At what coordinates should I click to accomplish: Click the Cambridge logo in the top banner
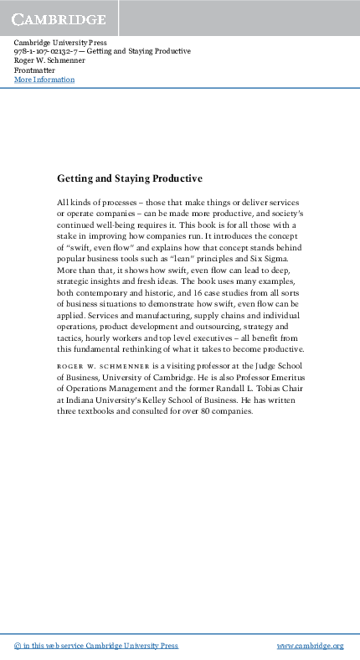[x=58, y=18]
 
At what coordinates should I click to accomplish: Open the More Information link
[x=44, y=80]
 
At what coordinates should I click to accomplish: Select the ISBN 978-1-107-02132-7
[x=47, y=51]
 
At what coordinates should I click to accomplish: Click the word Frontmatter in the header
[x=34, y=70]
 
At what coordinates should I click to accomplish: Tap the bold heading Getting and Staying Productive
[x=130, y=178]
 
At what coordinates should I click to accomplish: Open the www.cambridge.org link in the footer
[x=310, y=646]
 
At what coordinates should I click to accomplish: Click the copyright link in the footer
[x=96, y=646]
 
